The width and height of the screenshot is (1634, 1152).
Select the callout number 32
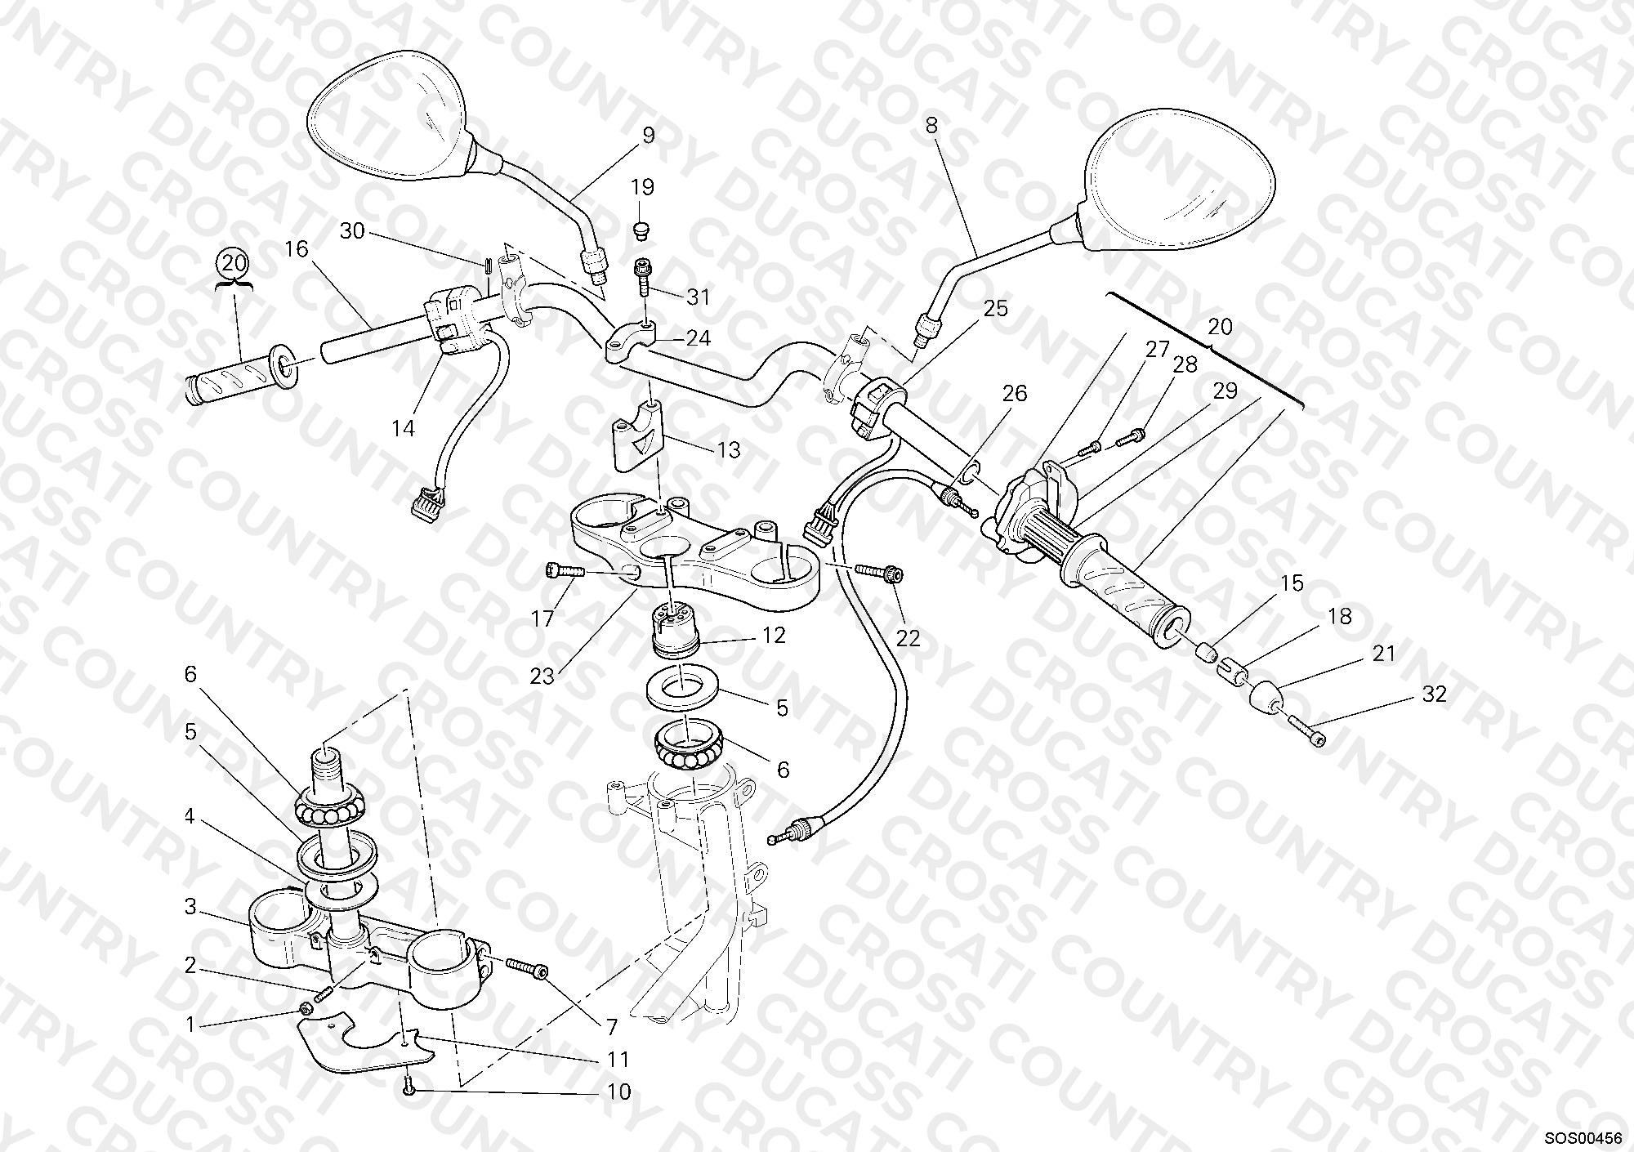click(1435, 694)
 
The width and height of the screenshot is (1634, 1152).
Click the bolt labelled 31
click(643, 276)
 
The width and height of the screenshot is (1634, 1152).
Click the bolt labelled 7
click(527, 967)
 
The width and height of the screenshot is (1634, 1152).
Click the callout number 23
click(542, 676)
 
